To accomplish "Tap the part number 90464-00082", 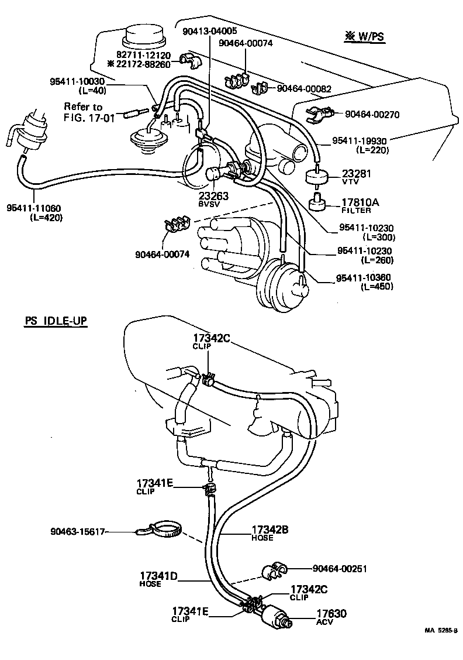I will [x=304, y=89].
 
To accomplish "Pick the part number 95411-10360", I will [x=364, y=277].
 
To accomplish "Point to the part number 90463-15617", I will [x=77, y=532].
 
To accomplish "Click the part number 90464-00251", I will [x=340, y=568].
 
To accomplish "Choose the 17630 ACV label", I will [x=331, y=616].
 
